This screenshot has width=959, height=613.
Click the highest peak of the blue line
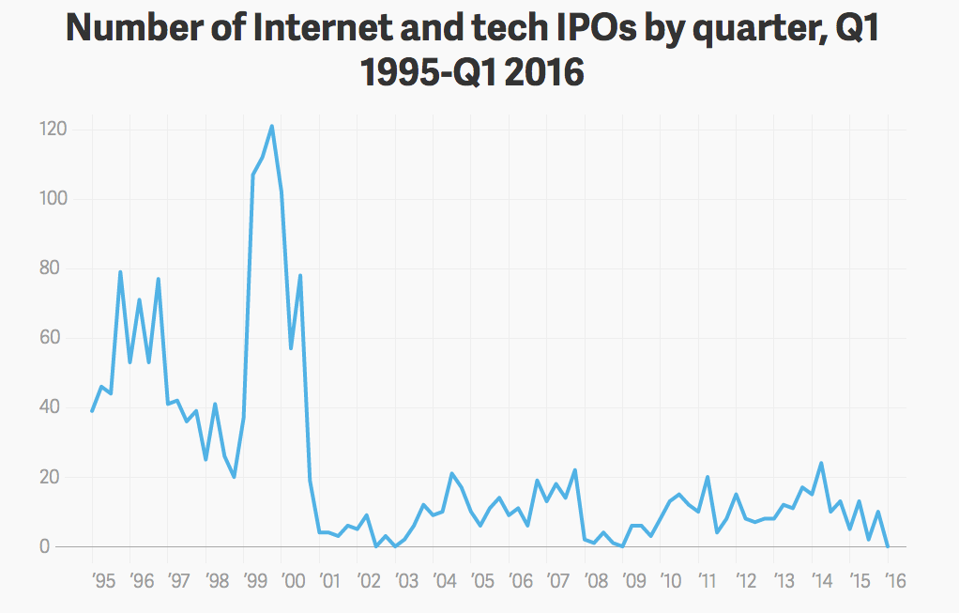click(x=271, y=127)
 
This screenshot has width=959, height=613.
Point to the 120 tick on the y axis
click(x=53, y=130)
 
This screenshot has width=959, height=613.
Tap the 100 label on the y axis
click(x=53, y=199)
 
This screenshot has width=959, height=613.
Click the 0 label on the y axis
click(x=44, y=546)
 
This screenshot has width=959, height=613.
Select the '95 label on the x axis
click(x=103, y=580)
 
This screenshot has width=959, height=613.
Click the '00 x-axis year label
click(x=293, y=580)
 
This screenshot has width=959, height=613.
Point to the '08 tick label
click(x=595, y=580)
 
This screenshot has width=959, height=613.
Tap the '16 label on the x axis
click(x=895, y=580)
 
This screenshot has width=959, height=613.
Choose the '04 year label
click(x=444, y=580)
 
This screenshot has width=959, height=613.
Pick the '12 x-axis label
click(x=746, y=580)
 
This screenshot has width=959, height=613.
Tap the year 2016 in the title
click(x=545, y=72)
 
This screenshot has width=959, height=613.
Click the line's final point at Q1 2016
click(x=888, y=545)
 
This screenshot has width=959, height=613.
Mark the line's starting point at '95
click(x=92, y=411)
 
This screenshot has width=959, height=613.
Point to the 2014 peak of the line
click(x=821, y=463)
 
